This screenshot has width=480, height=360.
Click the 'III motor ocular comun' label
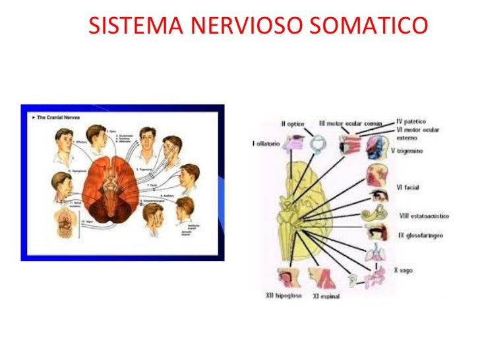pyautogui.click(x=350, y=123)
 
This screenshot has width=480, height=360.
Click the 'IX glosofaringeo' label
pyautogui.click(x=420, y=235)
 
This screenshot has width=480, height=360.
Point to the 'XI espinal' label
pyautogui.click(x=326, y=297)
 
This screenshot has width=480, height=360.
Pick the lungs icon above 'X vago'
pyautogui.click(x=374, y=253)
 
